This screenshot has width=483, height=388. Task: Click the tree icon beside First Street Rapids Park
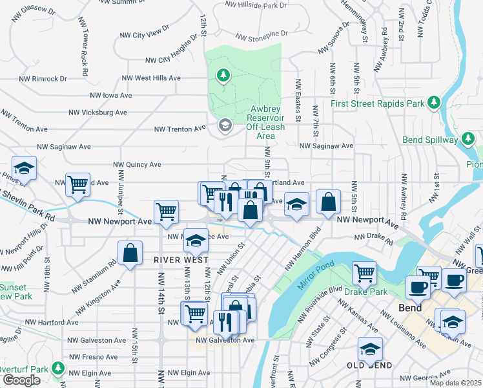click(434, 103)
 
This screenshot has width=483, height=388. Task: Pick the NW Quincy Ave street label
click(137, 165)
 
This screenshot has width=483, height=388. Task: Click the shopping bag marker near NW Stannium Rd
click(130, 253)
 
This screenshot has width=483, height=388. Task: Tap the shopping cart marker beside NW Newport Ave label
click(166, 212)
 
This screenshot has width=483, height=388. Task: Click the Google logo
click(21, 380)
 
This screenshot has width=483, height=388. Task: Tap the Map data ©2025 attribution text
click(455, 383)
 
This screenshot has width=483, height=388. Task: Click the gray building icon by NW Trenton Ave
click(225, 125)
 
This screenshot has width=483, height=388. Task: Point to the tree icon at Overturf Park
click(58, 369)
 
